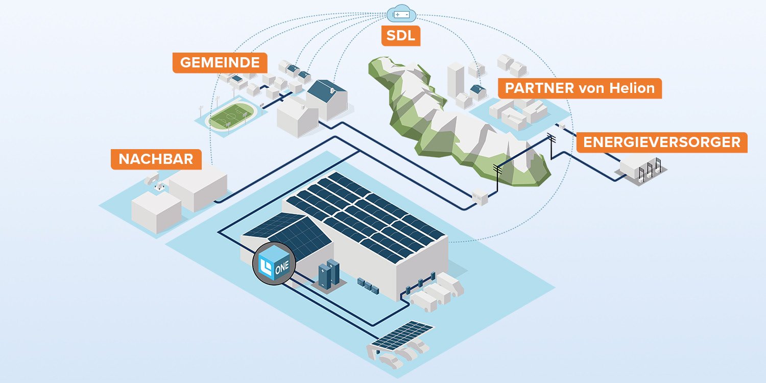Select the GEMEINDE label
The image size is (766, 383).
tap(220, 62)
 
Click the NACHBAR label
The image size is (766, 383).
tap(156, 159)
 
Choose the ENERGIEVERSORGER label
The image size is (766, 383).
tap(661, 142)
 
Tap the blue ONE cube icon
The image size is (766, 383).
tap(275, 264)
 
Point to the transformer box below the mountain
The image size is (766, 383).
tap(481, 196)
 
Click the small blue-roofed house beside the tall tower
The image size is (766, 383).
tap(478, 92)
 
